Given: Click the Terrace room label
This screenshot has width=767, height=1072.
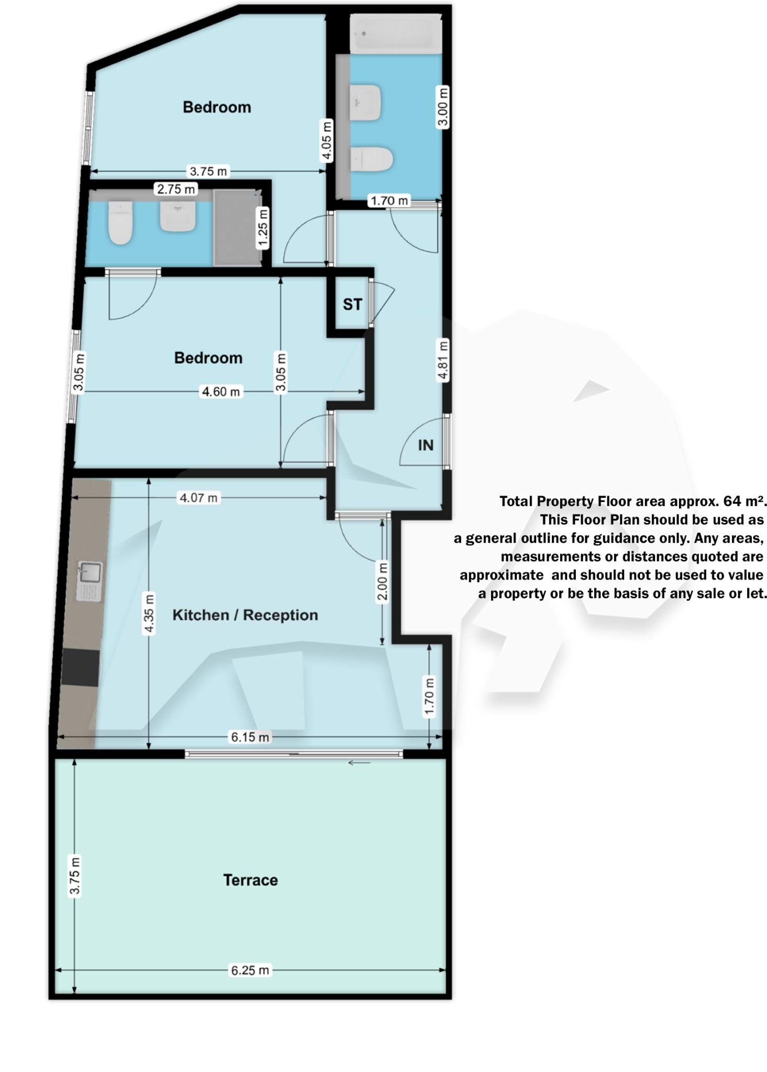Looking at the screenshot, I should tap(250, 880).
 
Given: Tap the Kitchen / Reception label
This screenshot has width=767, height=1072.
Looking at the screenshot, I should tap(245, 615).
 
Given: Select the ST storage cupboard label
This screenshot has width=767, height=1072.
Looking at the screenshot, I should tap(352, 304).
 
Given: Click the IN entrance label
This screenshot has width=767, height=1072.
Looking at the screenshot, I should tap(426, 445).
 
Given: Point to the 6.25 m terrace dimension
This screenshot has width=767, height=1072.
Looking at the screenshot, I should tap(250, 970).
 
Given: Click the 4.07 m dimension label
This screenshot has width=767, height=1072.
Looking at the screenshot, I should tap(198, 497).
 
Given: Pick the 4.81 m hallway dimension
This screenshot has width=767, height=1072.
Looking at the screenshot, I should tap(443, 361).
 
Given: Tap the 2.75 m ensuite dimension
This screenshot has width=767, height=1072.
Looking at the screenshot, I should tap(176, 188).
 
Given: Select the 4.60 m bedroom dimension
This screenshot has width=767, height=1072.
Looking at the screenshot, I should tap(221, 392).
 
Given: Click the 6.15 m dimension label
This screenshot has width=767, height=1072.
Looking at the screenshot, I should tap(250, 737).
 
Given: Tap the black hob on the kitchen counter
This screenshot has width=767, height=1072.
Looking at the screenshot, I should tap(80, 668).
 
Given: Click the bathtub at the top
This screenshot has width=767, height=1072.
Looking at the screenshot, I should tap(395, 34).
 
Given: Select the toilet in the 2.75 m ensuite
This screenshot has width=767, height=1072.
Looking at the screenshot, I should tap(120, 223).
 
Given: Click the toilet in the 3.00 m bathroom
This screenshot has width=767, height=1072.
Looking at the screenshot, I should tap(371, 159).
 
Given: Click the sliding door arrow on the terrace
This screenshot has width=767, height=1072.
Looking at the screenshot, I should tap(359, 763).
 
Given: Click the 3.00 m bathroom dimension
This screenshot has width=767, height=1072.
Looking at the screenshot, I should tap(443, 107).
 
